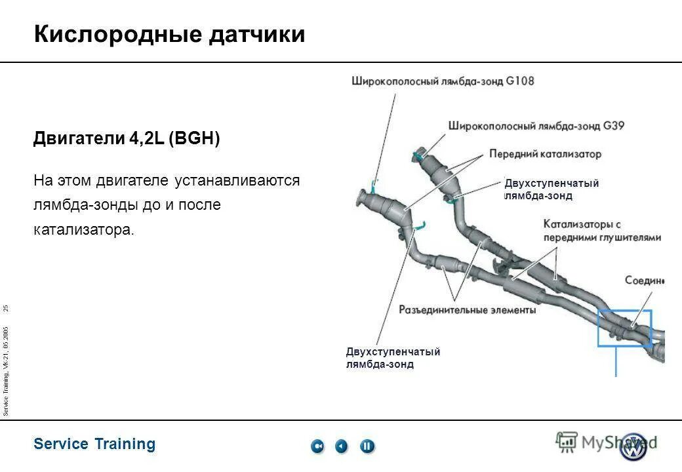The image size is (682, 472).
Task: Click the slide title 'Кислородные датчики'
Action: [169, 34]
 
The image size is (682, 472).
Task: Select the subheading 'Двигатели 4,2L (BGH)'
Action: [127, 139]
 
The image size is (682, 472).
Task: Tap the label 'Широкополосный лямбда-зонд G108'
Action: [443, 82]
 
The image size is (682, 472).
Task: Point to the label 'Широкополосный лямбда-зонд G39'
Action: [536, 125]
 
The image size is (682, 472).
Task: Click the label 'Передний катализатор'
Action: [545, 154]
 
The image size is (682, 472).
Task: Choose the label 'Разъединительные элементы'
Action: [467, 309]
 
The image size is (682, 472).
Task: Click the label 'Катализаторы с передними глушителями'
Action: [601, 231]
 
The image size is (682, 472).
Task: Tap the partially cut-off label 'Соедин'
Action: [644, 281]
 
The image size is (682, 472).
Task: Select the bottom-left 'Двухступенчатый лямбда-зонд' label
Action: [393, 358]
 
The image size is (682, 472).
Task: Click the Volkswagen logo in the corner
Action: [633, 447]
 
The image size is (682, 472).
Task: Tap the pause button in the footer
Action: [367, 446]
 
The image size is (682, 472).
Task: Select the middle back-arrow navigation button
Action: [342, 446]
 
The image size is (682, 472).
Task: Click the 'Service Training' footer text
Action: [94, 444]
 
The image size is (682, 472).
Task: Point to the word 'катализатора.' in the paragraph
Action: [83, 230]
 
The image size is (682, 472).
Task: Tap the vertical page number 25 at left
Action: [6, 308]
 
